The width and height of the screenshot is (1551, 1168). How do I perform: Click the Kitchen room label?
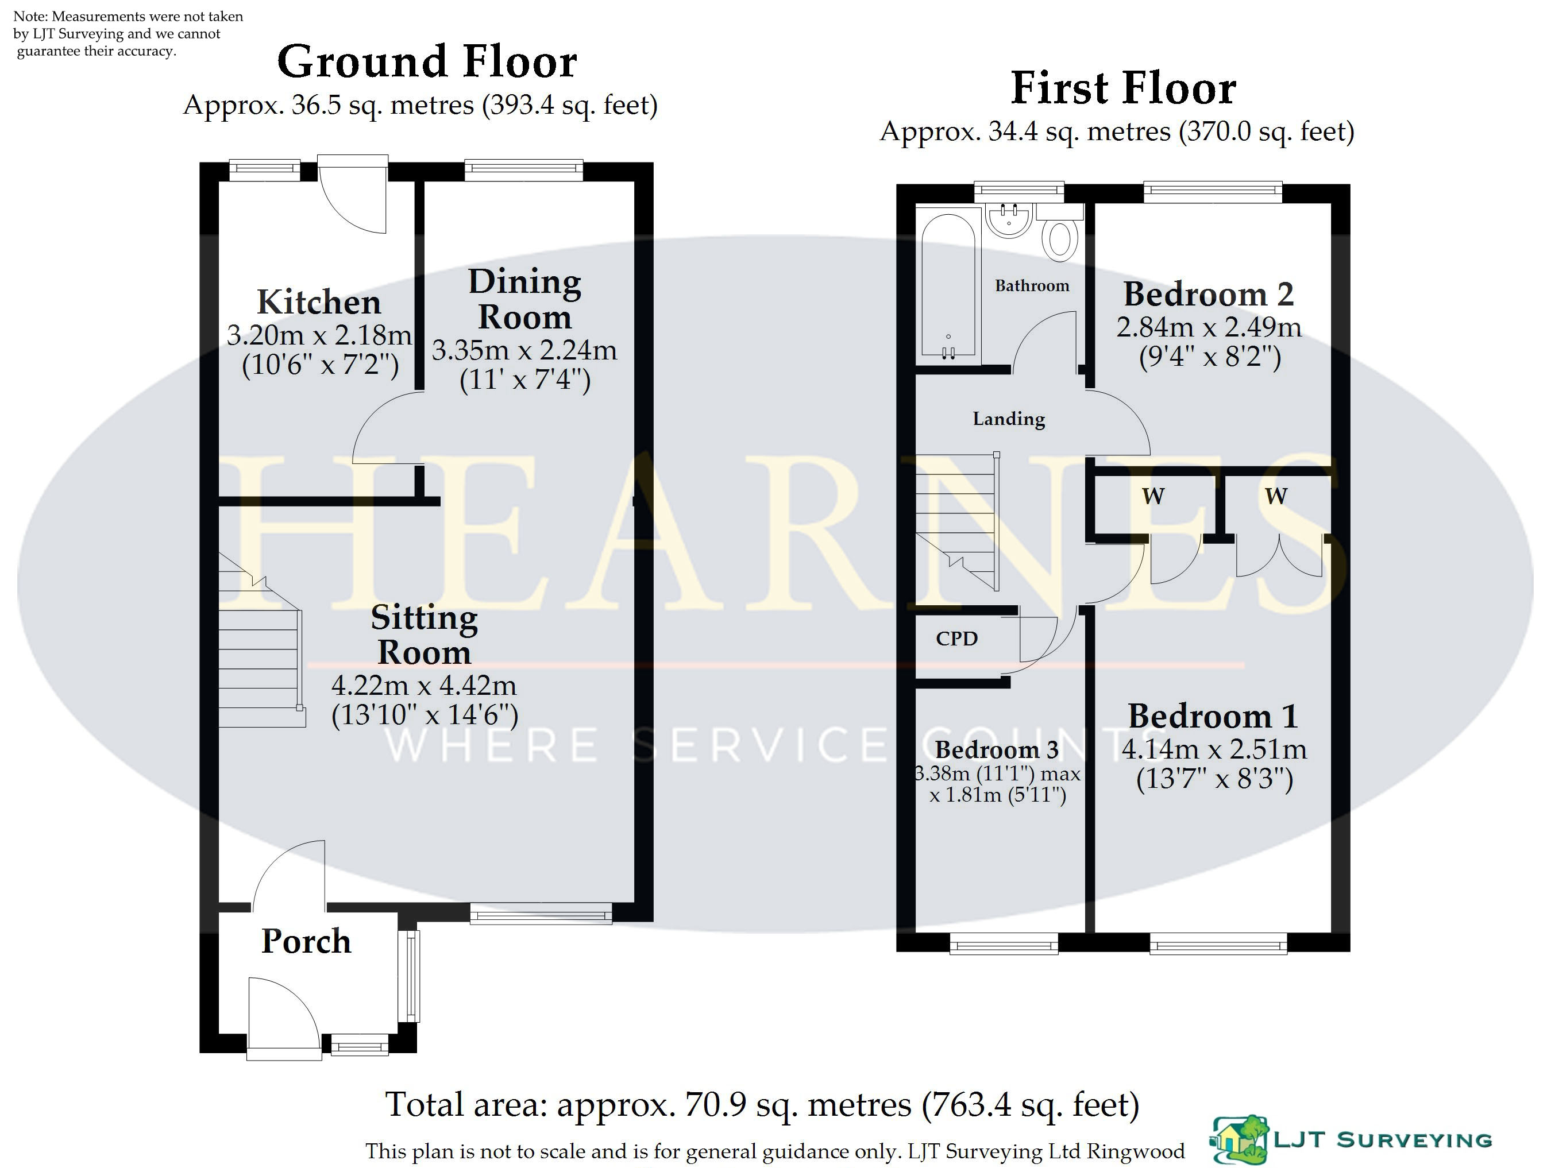click(x=319, y=302)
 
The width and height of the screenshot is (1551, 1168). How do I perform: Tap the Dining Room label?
click(x=524, y=299)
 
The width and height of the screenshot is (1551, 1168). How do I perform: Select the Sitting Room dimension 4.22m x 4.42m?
click(x=424, y=685)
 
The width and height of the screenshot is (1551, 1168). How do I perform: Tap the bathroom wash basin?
click(x=1009, y=219)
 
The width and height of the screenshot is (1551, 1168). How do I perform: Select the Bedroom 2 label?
click(x=1208, y=295)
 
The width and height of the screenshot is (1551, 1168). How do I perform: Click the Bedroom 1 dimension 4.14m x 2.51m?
click(x=1214, y=749)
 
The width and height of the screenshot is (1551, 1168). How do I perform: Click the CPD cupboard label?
click(x=956, y=639)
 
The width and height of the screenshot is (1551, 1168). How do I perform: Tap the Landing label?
click(x=1008, y=419)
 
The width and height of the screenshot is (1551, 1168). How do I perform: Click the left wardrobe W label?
click(x=1153, y=496)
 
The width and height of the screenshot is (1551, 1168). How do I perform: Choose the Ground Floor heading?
click(x=427, y=61)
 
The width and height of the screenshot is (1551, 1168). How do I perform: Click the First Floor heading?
click(x=1123, y=88)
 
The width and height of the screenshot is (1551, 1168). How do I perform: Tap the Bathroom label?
click(x=1032, y=285)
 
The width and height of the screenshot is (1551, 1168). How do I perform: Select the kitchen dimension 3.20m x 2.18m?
click(x=319, y=335)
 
